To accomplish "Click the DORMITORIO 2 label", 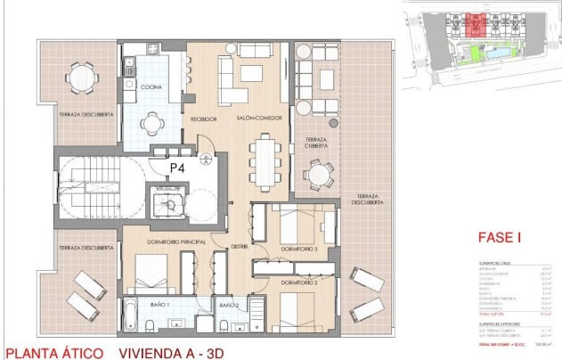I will (304, 282).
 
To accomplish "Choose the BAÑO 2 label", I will (231, 305).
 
